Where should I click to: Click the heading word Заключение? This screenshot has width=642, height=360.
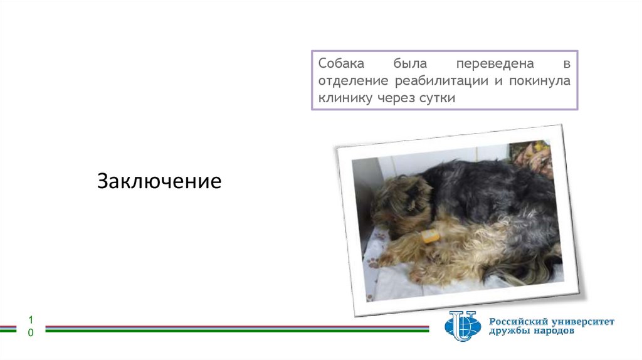coord(159,181)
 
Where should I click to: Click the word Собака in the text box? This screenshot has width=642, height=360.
coord(340,65)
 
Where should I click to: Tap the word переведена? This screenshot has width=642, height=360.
coord(495,65)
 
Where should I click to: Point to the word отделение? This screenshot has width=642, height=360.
coord(353,82)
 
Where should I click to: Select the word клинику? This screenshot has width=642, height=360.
coord(344,98)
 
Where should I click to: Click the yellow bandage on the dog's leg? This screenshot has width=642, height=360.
coord(430,236)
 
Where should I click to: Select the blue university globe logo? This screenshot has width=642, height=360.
coord(462,326)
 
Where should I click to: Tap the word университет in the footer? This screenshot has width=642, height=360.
coord(584,322)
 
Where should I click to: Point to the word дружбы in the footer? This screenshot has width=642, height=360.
coord(509,332)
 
